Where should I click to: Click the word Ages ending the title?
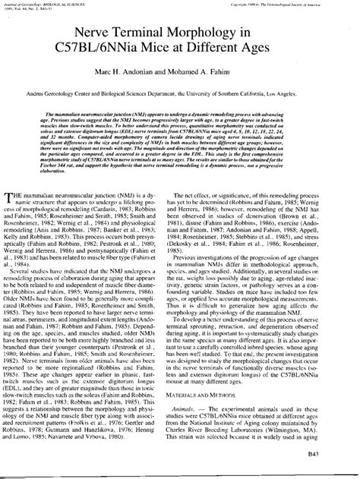tap(272, 56)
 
